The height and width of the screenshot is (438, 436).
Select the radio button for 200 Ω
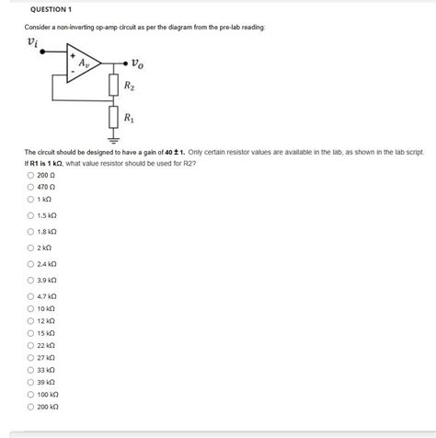(29, 173)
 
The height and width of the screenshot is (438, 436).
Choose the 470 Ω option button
(29, 186)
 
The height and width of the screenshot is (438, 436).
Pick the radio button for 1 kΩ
(29, 199)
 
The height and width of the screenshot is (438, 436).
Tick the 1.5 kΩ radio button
(29, 216)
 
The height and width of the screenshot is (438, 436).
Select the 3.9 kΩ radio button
(29, 279)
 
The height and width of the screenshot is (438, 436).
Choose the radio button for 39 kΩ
(29, 381)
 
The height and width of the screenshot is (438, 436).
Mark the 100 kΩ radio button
(29, 393)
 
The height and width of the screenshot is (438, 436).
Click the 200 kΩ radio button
(29, 406)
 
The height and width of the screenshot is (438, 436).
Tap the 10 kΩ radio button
(29, 308)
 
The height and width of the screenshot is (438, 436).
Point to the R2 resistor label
(131, 88)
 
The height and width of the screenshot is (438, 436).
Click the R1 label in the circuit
(131, 119)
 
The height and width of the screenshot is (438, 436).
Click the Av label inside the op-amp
(84, 63)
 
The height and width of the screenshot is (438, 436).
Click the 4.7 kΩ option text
(48, 296)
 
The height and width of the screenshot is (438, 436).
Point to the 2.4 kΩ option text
(48, 264)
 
